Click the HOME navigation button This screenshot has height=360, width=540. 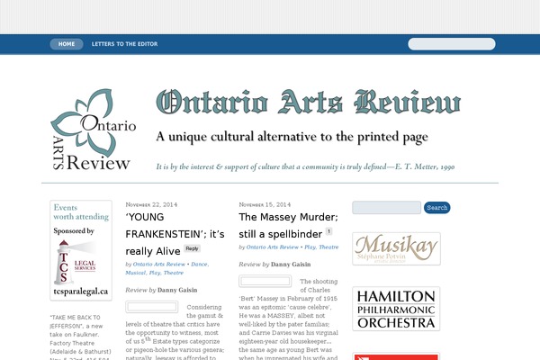67,43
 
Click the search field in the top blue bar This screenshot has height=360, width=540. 451,43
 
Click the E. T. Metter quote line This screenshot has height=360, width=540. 305,166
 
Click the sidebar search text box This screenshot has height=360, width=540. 386,208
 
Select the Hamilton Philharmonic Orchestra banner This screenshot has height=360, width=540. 396,310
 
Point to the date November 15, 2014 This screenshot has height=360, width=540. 265,204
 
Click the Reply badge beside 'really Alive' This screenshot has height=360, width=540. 193,248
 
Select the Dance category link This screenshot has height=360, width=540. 200,264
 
